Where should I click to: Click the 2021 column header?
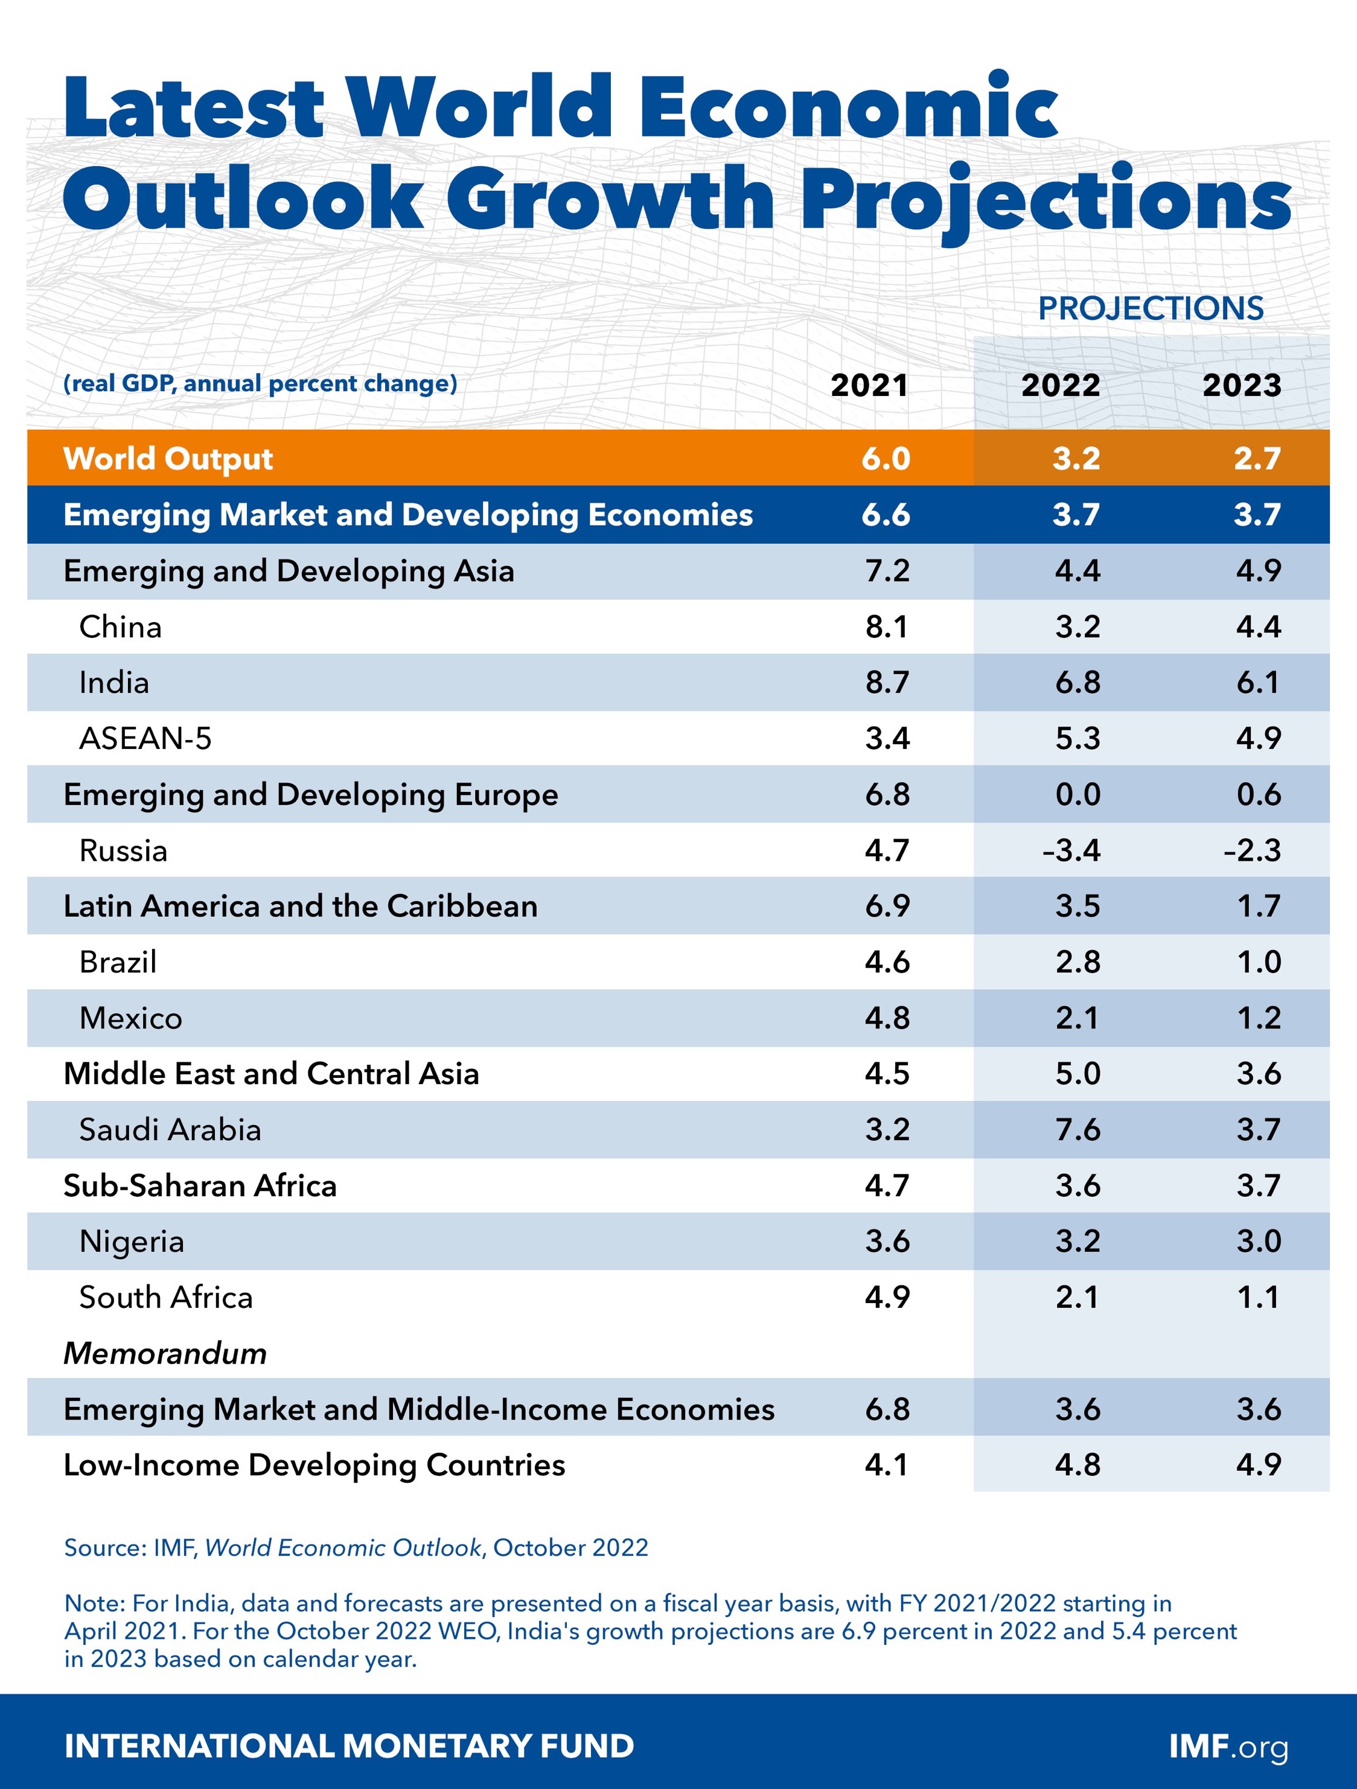[x=869, y=385]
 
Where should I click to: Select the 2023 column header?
[x=1241, y=385]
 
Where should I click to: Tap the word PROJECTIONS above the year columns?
[x=1150, y=308]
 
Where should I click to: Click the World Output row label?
[x=168, y=459]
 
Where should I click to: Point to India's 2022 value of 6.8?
[x=1077, y=683]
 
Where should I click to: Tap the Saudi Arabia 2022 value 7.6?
[x=1077, y=1130]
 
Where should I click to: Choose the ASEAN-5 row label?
[x=145, y=738]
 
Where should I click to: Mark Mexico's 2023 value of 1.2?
[x=1259, y=1018]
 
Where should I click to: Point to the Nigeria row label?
[x=132, y=1242]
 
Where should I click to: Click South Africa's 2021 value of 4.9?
[x=887, y=1297]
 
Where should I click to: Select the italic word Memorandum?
[x=165, y=1354]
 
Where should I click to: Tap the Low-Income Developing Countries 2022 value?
[x=1077, y=1465]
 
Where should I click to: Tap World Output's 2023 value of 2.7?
[x=1257, y=459]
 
